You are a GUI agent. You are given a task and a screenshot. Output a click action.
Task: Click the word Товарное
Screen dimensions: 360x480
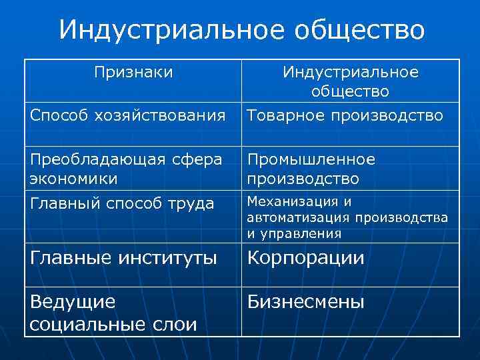tap(282, 116)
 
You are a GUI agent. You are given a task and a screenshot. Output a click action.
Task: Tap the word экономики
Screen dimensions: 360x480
tap(74, 179)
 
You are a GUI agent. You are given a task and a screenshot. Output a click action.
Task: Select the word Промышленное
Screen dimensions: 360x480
tap(311, 159)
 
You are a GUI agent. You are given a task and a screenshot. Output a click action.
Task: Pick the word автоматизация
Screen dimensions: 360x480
tap(299, 217)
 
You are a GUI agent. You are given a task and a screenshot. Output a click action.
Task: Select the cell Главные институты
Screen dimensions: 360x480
tap(123, 257)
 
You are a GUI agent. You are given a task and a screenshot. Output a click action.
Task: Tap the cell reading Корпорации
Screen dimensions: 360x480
tap(306, 258)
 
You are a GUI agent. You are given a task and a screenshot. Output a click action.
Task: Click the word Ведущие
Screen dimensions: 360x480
tap(73, 302)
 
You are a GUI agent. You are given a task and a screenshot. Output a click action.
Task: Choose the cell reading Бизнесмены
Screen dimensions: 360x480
tap(306, 302)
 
